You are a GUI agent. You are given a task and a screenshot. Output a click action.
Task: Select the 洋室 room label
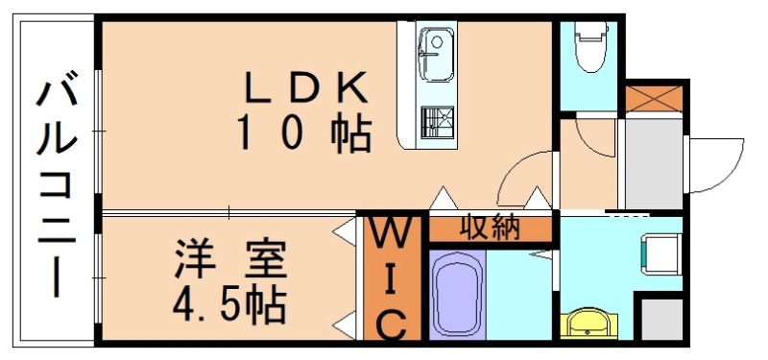click(x=230, y=261)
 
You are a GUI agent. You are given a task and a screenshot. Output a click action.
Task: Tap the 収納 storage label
click(x=489, y=228)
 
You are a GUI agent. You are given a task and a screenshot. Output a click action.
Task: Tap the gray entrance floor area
click(x=651, y=163)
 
